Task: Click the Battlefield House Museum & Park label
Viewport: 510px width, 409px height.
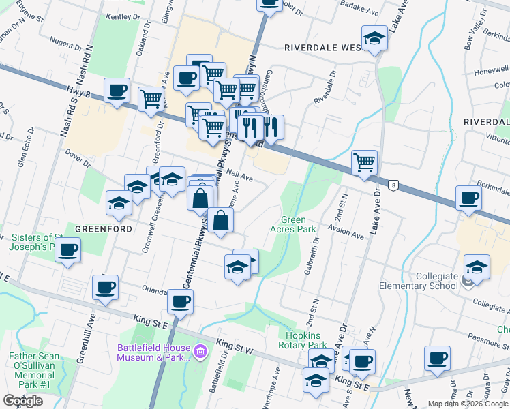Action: pyautogui.click(x=153, y=352)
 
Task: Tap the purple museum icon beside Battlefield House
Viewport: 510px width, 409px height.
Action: pyautogui.click(x=200, y=352)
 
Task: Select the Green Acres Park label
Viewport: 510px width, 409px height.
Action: pyautogui.click(x=299, y=224)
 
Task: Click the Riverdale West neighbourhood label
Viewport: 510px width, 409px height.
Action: pyautogui.click(x=322, y=48)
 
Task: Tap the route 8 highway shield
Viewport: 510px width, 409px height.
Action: pyautogui.click(x=393, y=185)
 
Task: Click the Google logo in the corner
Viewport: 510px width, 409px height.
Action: pyautogui.click(x=22, y=401)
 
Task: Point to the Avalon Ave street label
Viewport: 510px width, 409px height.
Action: pyautogui.click(x=348, y=234)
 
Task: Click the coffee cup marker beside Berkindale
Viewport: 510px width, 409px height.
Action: pyautogui.click(x=468, y=198)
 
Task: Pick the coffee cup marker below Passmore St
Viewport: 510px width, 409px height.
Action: pyautogui.click(x=437, y=358)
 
